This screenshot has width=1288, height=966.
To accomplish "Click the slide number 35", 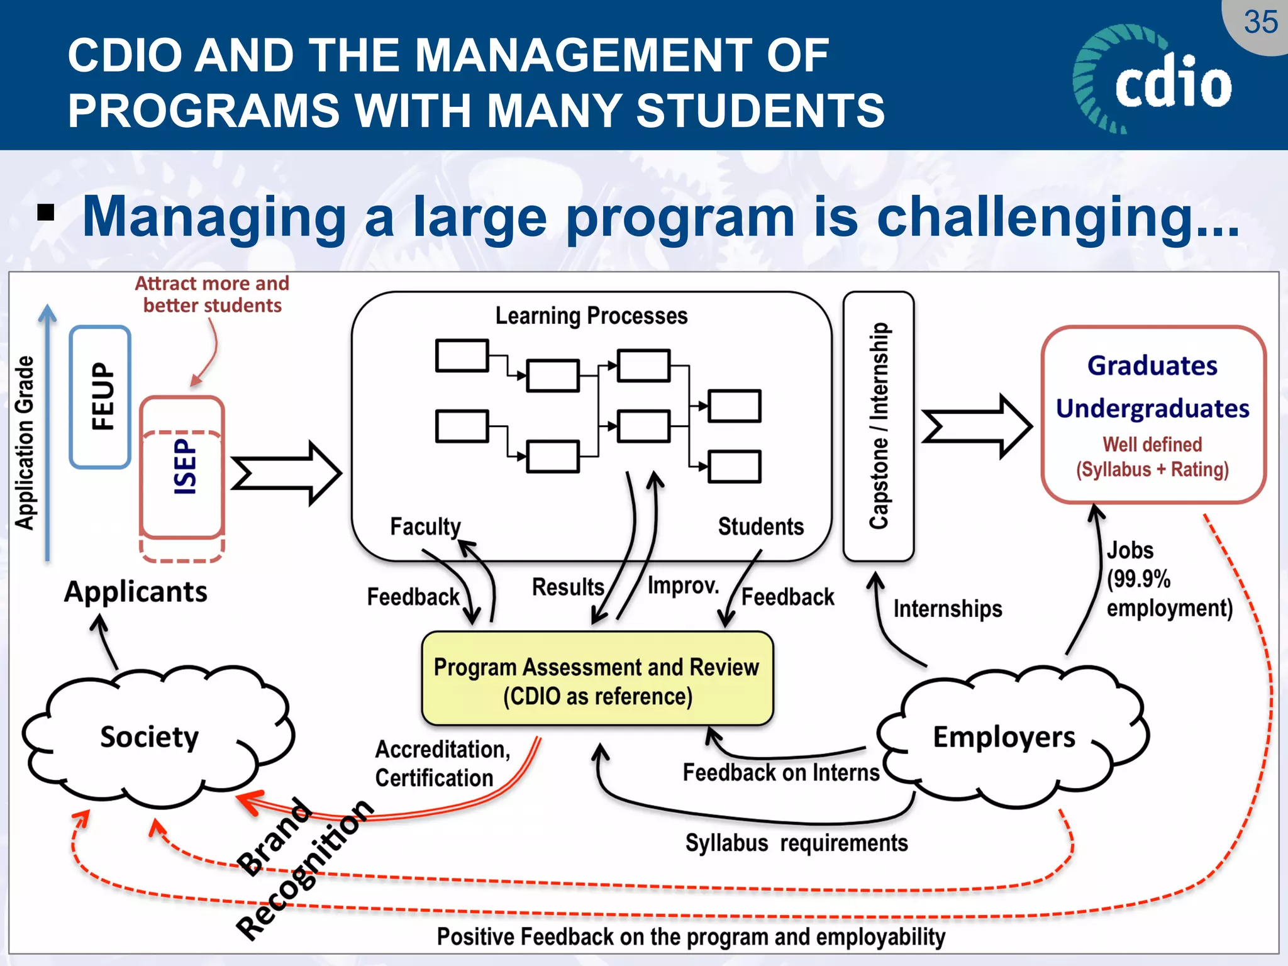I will tap(1260, 23).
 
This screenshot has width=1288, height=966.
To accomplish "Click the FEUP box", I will tap(101, 397).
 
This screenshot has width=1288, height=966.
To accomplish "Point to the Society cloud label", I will tap(150, 737).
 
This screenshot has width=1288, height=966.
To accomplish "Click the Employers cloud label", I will tap(1004, 737).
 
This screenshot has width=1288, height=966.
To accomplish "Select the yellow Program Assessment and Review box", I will tap(597, 680).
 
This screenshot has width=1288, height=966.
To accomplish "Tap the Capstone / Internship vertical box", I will tap(879, 426).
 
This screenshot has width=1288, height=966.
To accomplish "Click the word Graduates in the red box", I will tap(1152, 366).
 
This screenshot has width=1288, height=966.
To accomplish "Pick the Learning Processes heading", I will tap(591, 316).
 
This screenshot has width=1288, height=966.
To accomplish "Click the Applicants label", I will tap(136, 592).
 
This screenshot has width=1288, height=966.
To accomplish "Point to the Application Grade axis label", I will tap(25, 443).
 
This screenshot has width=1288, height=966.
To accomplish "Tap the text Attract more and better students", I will tap(212, 294).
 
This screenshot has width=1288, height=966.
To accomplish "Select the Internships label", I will tap(948, 609).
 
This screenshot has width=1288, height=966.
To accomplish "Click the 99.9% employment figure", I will tap(1138, 579).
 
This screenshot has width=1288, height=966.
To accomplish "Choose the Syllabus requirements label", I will tap(796, 843).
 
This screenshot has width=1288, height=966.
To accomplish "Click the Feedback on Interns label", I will tap(781, 772).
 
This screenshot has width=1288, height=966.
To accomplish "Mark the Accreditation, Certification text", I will tap(442, 763).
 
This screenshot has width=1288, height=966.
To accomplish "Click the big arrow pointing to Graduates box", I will tap(976, 426).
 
